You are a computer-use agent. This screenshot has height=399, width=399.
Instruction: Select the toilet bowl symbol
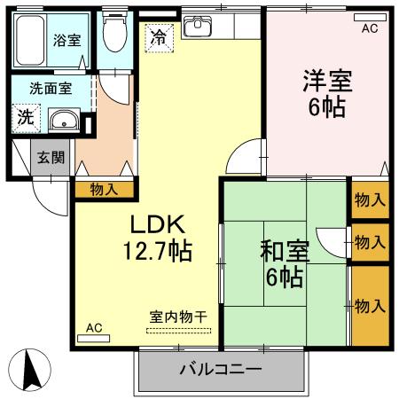tap(113, 37)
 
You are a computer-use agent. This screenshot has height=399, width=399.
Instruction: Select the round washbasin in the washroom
tap(62, 122)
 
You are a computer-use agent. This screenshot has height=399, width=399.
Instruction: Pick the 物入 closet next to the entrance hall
tap(104, 188)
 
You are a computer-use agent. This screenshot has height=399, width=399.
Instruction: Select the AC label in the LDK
tap(94, 328)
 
